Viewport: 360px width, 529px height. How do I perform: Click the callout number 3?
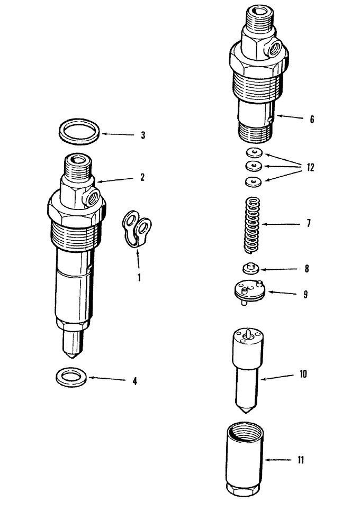point(143,135)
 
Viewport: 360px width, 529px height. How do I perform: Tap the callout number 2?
point(142,178)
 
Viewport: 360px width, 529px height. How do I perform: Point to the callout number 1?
point(139,276)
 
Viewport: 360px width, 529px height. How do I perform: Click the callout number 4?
point(135,381)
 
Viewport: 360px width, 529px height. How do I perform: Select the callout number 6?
point(311,120)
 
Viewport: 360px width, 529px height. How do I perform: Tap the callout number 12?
point(310,168)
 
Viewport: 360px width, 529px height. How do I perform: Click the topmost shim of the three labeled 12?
point(255,153)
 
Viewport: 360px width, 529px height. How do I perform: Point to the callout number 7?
point(309,224)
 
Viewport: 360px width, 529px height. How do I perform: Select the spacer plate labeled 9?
point(248,290)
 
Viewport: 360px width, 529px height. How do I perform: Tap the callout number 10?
point(303,375)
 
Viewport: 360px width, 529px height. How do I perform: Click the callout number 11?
point(301,460)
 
